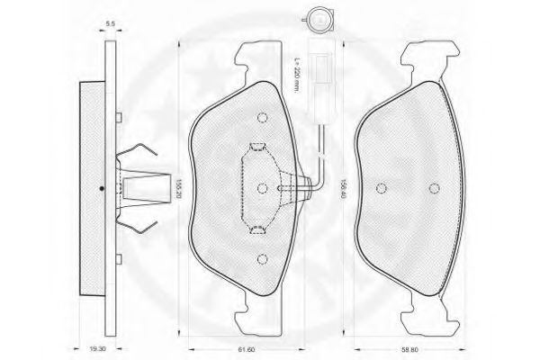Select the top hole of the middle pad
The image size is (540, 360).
(263, 117)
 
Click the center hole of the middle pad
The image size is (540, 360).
(263, 188)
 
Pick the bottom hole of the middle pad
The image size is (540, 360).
(263, 259)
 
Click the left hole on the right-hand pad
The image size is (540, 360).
(382, 188)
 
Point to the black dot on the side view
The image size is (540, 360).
(102, 188)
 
